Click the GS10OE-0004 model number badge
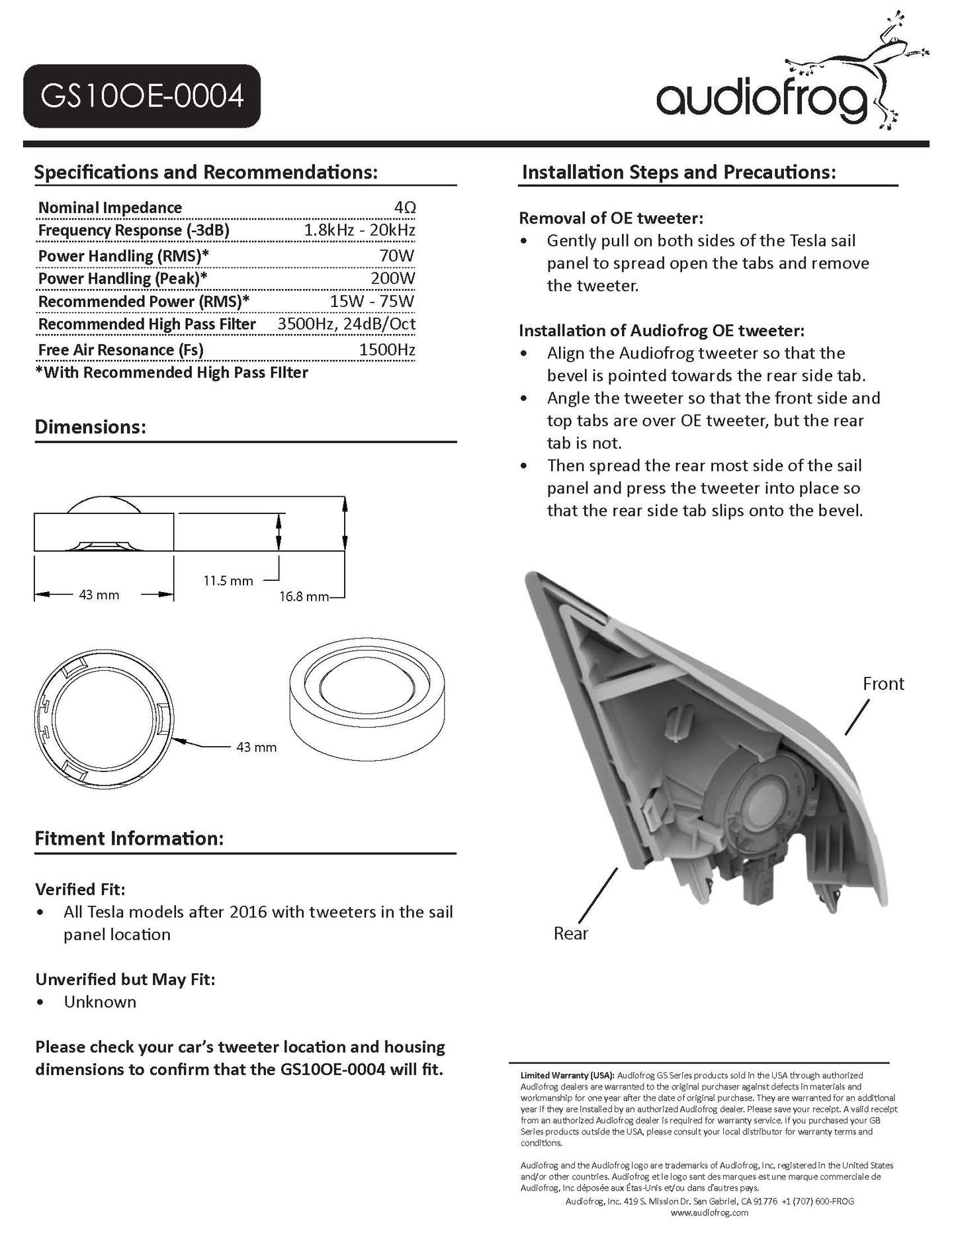(x=142, y=97)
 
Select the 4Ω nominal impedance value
(x=404, y=208)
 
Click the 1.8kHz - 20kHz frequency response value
(x=359, y=230)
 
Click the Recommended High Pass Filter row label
(x=147, y=324)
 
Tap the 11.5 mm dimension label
(x=228, y=581)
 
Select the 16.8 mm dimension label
(x=303, y=597)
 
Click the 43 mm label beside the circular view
(x=256, y=747)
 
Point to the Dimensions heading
(x=90, y=427)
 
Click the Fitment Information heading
(x=129, y=839)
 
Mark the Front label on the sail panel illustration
(x=883, y=683)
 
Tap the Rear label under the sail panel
(x=570, y=933)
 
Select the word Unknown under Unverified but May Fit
(x=100, y=1002)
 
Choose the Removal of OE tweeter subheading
(x=611, y=218)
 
